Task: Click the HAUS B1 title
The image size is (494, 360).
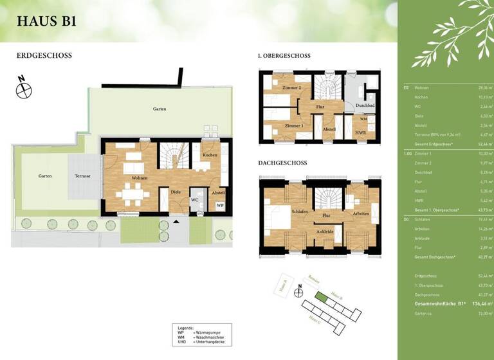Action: [46, 21]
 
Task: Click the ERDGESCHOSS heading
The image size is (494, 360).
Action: [44, 56]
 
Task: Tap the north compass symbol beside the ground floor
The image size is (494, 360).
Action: [24, 89]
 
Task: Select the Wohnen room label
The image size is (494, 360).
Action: [140, 178]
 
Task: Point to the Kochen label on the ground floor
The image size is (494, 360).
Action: [210, 156]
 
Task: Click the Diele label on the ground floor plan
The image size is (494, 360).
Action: [176, 191]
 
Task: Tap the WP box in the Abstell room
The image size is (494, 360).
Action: [220, 205]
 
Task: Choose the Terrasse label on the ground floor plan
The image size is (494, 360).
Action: [82, 176]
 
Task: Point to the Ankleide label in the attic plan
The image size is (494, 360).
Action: [325, 232]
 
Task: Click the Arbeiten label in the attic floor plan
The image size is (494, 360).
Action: [360, 213]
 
